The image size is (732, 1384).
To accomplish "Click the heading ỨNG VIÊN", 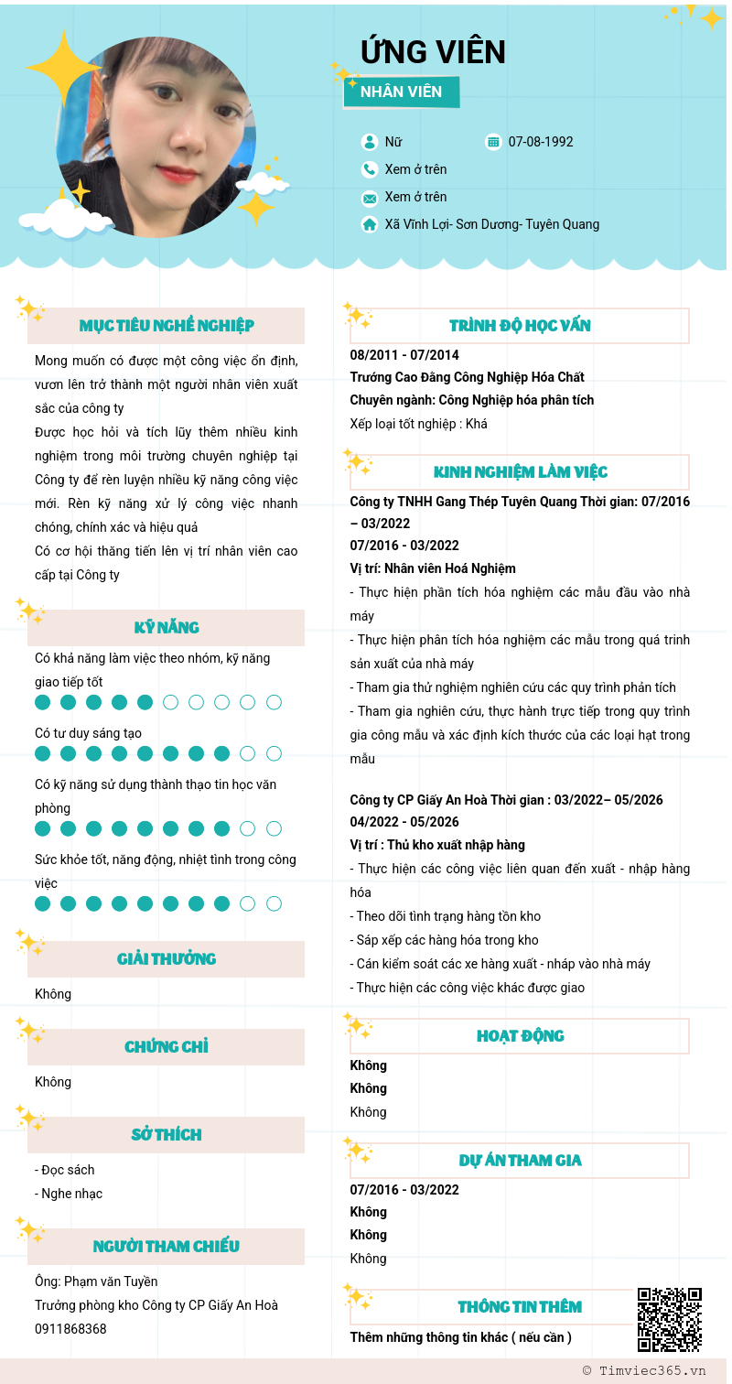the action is click(x=433, y=52).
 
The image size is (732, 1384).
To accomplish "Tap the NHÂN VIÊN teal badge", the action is click(x=401, y=92).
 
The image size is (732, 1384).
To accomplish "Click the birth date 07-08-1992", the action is click(x=541, y=142).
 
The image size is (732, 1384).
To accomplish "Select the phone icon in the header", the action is click(x=370, y=169).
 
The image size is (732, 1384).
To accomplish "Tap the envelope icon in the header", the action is click(x=370, y=198).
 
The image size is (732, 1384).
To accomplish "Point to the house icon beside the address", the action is click(x=370, y=224).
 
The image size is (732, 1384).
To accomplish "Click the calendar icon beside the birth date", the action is click(x=494, y=142).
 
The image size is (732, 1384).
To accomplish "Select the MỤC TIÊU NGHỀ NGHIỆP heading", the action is click(x=167, y=326).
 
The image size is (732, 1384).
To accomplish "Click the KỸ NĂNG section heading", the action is click(x=167, y=628).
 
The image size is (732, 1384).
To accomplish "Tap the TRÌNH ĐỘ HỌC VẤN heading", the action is click(x=520, y=326).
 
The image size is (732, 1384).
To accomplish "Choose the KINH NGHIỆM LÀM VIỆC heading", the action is click(x=520, y=472).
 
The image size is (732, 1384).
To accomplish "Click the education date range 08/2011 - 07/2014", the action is click(x=404, y=355).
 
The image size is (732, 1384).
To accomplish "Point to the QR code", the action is click(x=670, y=1320).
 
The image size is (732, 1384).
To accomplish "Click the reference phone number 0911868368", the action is click(x=70, y=1329).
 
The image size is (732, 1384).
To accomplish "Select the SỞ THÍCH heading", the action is click(x=167, y=1135).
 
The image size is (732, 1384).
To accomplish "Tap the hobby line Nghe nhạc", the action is click(x=69, y=1194).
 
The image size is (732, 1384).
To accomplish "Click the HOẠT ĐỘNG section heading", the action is click(x=520, y=1036).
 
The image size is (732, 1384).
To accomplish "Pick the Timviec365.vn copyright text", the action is click(x=644, y=1370).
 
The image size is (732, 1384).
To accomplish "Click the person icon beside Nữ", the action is click(x=370, y=142).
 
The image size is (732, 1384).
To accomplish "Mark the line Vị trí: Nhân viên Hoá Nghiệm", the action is click(x=433, y=568).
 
